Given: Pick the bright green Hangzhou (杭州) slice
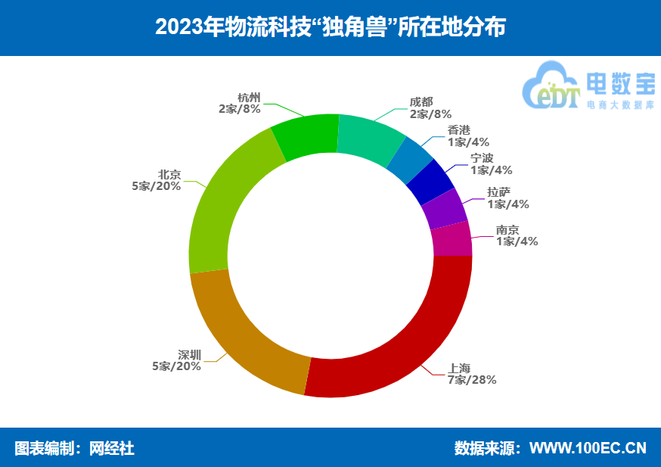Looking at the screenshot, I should point(305,135).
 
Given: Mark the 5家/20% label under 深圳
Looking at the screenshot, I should point(177,366).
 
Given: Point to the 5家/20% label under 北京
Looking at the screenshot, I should point(156,186).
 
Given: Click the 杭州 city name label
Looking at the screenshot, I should point(248,98).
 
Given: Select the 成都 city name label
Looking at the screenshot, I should point(422,102).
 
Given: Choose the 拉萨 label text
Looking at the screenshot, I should point(498,192).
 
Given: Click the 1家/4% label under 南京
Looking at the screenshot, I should point(517,241).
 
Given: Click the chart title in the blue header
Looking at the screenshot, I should point(330,28).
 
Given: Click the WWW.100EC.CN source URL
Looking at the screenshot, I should point(588,448).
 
